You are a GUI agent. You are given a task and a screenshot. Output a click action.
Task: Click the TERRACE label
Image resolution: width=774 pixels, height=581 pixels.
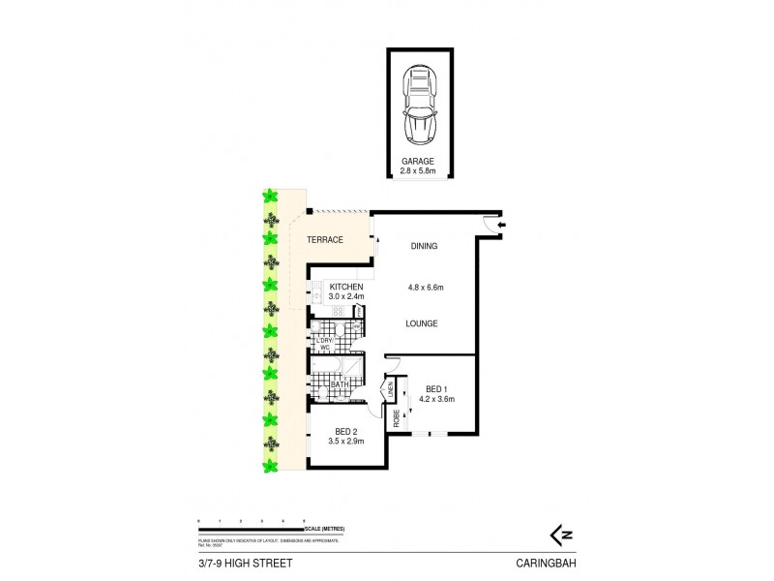[x=325, y=239]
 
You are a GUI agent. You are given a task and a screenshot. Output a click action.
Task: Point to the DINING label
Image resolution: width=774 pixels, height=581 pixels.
[x=423, y=246]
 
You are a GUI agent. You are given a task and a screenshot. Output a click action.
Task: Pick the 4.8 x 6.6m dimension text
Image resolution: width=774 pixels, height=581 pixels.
[x=423, y=287]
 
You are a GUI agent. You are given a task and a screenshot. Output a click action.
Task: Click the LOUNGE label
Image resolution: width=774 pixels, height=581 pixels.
[x=423, y=323]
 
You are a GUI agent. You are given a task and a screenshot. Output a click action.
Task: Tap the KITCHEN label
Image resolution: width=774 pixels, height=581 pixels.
[x=345, y=288]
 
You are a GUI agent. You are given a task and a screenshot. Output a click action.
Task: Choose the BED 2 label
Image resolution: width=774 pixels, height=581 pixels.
[x=345, y=432]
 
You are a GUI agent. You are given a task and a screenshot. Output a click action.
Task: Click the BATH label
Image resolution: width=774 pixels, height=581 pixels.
[x=339, y=384]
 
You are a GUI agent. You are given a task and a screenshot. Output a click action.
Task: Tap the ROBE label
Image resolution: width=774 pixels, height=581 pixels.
[x=396, y=417]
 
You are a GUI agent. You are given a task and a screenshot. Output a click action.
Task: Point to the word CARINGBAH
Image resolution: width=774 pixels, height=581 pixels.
[x=547, y=562]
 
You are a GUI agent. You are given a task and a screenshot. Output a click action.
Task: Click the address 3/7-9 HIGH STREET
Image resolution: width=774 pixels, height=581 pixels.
[x=234, y=562]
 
